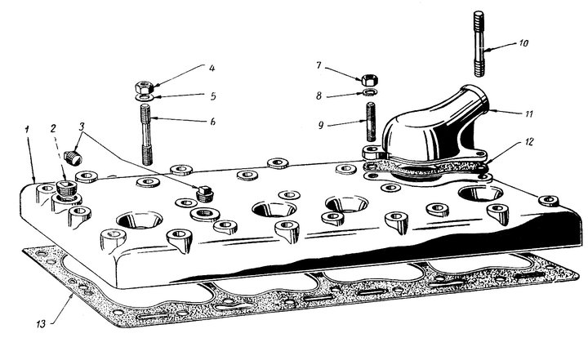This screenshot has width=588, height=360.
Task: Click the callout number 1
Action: point(27,130)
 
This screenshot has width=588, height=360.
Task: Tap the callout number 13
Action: point(42,323)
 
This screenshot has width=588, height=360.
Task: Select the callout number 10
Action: point(523,43)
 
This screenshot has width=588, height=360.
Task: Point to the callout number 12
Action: point(529,142)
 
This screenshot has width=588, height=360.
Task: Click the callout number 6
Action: point(212,122)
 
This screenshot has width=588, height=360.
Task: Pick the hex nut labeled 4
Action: point(145,87)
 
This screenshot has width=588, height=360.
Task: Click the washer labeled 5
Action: point(145,98)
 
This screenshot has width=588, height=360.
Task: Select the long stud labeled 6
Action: point(146,135)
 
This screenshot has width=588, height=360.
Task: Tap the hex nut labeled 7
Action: point(370,80)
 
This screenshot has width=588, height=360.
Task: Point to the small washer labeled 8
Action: point(370,92)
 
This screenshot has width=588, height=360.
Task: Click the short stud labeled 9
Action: point(371,122)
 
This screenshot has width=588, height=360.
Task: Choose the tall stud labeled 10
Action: point(479,44)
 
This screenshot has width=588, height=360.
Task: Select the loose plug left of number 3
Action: point(73,158)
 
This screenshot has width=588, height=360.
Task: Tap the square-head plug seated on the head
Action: point(205,193)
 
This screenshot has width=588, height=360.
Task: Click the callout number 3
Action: point(82,127)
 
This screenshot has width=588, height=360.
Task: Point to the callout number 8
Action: point(318,96)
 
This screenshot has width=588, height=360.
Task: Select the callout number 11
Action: point(528,113)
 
